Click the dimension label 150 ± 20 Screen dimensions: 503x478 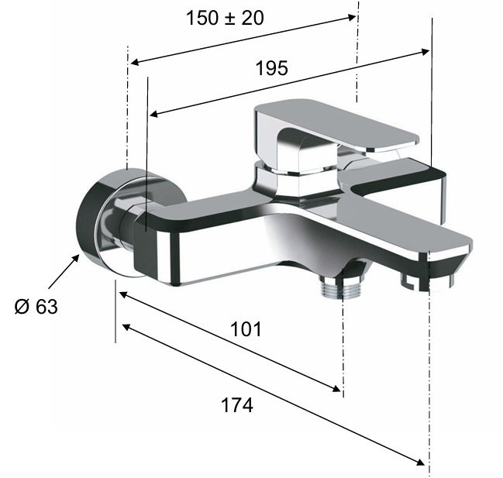pos(225,18)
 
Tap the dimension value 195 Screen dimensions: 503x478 pos(272,68)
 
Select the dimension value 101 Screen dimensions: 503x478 pos(246,329)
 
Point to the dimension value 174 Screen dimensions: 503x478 pos(237,405)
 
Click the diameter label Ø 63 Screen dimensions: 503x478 pos(36,307)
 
